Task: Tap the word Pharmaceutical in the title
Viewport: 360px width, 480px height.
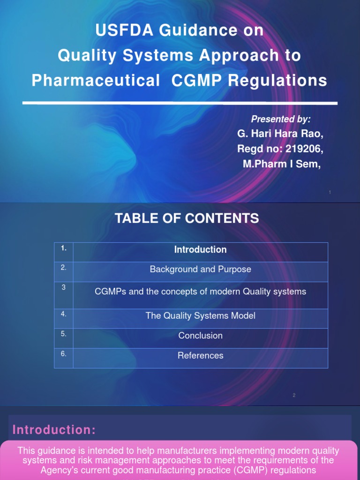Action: point(96,81)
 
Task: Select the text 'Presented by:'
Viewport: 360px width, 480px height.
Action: point(281,119)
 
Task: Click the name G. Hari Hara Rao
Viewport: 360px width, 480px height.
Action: point(280,134)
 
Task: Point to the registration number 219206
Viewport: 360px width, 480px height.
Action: point(302,149)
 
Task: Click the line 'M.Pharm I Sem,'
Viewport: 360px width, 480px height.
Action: point(282,164)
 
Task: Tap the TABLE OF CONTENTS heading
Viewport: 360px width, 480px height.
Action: point(187,218)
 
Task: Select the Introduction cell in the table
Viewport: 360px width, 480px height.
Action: point(200,250)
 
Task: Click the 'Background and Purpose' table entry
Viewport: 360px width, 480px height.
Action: point(200,270)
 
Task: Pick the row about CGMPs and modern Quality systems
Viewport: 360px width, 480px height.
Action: point(200,292)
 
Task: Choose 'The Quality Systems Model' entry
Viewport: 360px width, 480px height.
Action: point(200,316)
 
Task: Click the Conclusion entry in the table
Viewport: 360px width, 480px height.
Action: point(200,336)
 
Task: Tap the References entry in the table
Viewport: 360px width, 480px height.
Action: point(200,356)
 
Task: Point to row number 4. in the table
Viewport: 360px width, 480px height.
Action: point(64,314)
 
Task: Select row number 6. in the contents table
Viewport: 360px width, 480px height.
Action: point(64,354)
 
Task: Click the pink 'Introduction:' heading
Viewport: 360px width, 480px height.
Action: point(54,430)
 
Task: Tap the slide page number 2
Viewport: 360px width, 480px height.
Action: point(294,395)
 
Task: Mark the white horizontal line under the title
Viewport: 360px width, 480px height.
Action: point(180,102)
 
